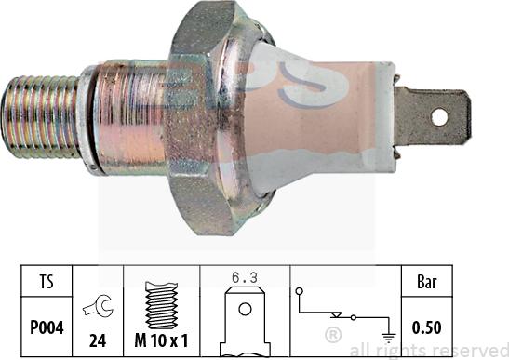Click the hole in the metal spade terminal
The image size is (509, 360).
point(439,117)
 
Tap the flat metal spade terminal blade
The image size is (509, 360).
point(433,116)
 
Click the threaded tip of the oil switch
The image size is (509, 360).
point(40,117)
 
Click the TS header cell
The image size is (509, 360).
point(47,281)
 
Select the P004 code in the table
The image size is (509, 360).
point(47,327)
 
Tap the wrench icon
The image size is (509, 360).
point(99,306)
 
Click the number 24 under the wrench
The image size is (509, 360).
point(98,340)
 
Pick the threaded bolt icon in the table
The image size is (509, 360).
point(161,305)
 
